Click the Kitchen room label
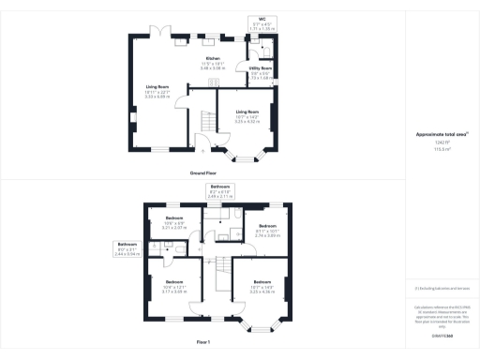213,65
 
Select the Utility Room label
261,72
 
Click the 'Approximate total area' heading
442,135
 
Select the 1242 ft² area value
442,142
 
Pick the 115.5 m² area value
442,148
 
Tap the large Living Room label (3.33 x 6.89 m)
157,91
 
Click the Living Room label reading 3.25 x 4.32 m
247,115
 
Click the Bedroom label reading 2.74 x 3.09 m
269,231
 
